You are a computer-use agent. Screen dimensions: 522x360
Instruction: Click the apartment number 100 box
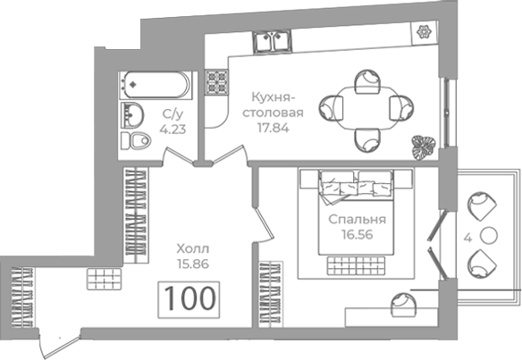[189, 299]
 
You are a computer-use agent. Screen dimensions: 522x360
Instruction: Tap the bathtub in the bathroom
[156, 85]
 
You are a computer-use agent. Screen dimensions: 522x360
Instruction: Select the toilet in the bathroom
[136, 140]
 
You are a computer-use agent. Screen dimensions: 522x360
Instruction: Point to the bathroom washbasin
[131, 114]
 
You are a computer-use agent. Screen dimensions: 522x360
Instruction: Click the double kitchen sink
[273, 41]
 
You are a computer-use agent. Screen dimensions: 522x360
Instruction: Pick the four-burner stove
[216, 81]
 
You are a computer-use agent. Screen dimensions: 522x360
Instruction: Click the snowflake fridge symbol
[424, 32]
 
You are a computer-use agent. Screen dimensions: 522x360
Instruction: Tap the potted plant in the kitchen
[423, 147]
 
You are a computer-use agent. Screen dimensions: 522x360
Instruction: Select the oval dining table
[366, 107]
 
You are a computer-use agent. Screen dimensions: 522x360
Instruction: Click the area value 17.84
[273, 128]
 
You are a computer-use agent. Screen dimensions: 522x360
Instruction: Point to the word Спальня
[357, 220]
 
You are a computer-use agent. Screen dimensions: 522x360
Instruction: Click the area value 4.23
[173, 129]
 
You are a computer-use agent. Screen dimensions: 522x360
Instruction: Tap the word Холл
[193, 248]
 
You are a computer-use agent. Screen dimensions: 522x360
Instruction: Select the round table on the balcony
[489, 235]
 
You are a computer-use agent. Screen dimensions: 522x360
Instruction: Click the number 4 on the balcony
[468, 238]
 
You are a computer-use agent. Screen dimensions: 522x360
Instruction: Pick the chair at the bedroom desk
[403, 305]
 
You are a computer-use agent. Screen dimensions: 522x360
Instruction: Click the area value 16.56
[357, 235]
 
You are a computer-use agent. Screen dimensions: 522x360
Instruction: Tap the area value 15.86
[193, 264]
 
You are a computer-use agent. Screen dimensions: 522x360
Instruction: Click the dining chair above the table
[367, 81]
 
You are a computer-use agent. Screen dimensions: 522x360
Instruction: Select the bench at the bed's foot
[356, 265]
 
